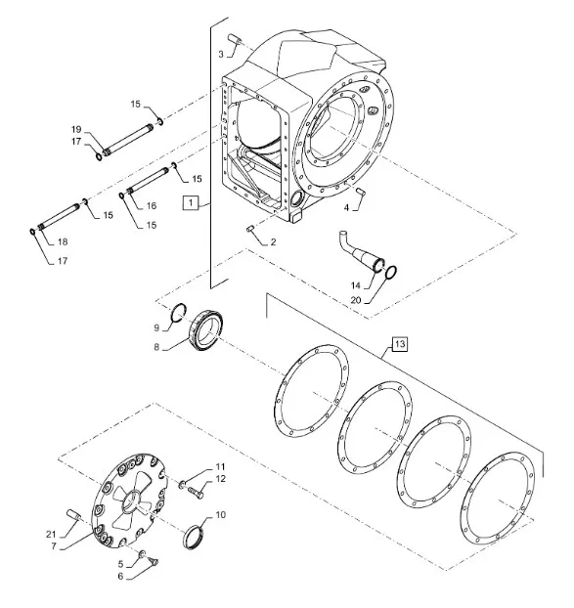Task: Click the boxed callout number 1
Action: coord(191,202)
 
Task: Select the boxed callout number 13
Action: coord(400,344)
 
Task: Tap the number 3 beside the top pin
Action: coord(221,55)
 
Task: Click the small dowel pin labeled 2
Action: coord(250,229)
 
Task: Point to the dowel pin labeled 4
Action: coord(361,191)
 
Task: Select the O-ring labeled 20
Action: coord(392,272)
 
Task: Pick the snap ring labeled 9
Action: coord(179,312)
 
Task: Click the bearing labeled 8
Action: coord(206,330)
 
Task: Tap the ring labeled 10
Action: coord(194,537)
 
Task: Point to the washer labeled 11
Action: coord(182,484)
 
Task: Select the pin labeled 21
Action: coord(73,515)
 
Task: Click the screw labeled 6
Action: coord(153,560)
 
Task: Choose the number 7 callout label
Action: coord(54,546)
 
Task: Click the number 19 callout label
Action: coord(76,129)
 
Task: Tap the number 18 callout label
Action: coord(63,242)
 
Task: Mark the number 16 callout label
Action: coord(152,206)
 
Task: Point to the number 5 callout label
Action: coord(120,564)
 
